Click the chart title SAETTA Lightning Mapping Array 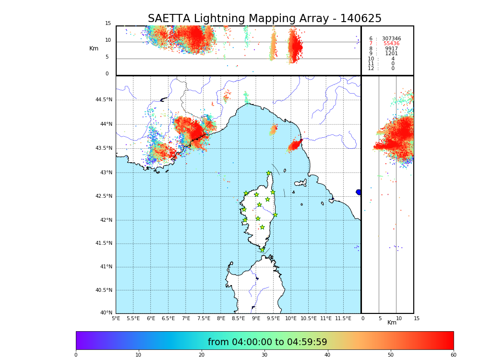click(x=264, y=19)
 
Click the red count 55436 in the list click(x=391, y=44)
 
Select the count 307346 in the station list click(x=391, y=39)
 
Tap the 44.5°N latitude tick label click(x=104, y=100)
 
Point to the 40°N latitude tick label click(x=106, y=313)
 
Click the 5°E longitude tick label click(x=116, y=318)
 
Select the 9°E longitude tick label click(x=256, y=318)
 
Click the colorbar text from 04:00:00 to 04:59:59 click(x=267, y=342)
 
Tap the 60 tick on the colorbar click(x=453, y=355)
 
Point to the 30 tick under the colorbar click(x=264, y=355)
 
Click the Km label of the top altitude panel click(x=94, y=48)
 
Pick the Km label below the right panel click(x=392, y=323)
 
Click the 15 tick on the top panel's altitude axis click(x=108, y=24)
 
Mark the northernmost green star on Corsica click(x=269, y=173)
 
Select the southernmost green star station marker click(x=262, y=250)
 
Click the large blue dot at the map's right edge click(x=359, y=192)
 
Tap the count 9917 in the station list click(x=391, y=49)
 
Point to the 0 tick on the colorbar click(x=76, y=355)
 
